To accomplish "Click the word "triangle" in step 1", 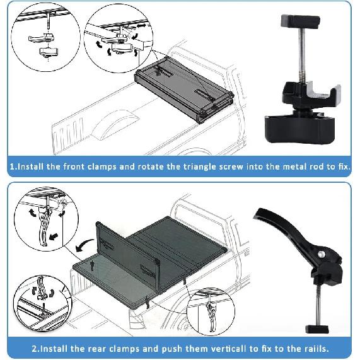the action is [199, 166].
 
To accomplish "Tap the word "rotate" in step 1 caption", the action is [151, 166].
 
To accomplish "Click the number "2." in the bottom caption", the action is [35, 349].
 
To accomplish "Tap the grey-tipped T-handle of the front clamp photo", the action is [300, 21].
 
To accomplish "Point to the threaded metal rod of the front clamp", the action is [302, 55].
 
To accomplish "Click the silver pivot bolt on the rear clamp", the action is [321, 254].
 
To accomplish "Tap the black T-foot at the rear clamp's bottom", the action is [317, 329].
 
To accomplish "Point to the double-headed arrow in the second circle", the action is [141, 26].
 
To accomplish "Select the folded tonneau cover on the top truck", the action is [183, 90].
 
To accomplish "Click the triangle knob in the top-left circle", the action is [49, 52].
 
